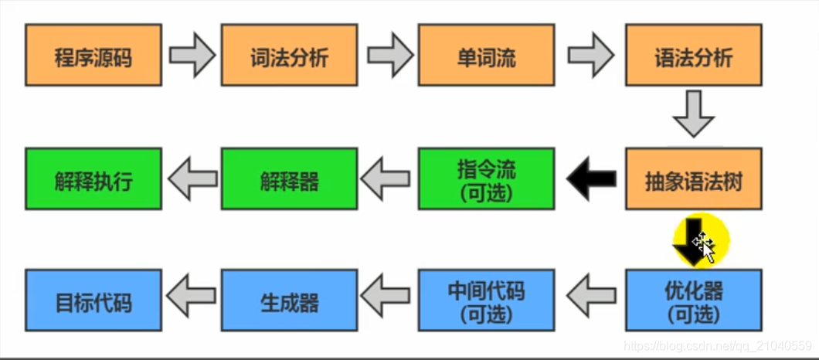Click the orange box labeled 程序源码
pos(93,55)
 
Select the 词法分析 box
pos(289,55)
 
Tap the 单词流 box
pos(486,55)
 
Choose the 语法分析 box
pos(693,55)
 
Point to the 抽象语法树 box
pos(693,179)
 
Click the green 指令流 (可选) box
pos(486,179)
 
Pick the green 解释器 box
pos(289,179)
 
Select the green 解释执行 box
pos(93,179)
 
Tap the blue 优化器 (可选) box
pos(693,300)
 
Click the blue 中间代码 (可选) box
pos(486,300)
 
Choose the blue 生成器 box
pos(289,300)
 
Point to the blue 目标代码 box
pos(93,300)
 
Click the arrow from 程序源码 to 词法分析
pos(192,55)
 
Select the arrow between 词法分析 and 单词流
pos(389,55)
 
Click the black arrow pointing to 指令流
pos(590,179)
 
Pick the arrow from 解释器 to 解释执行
pos(192,179)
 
